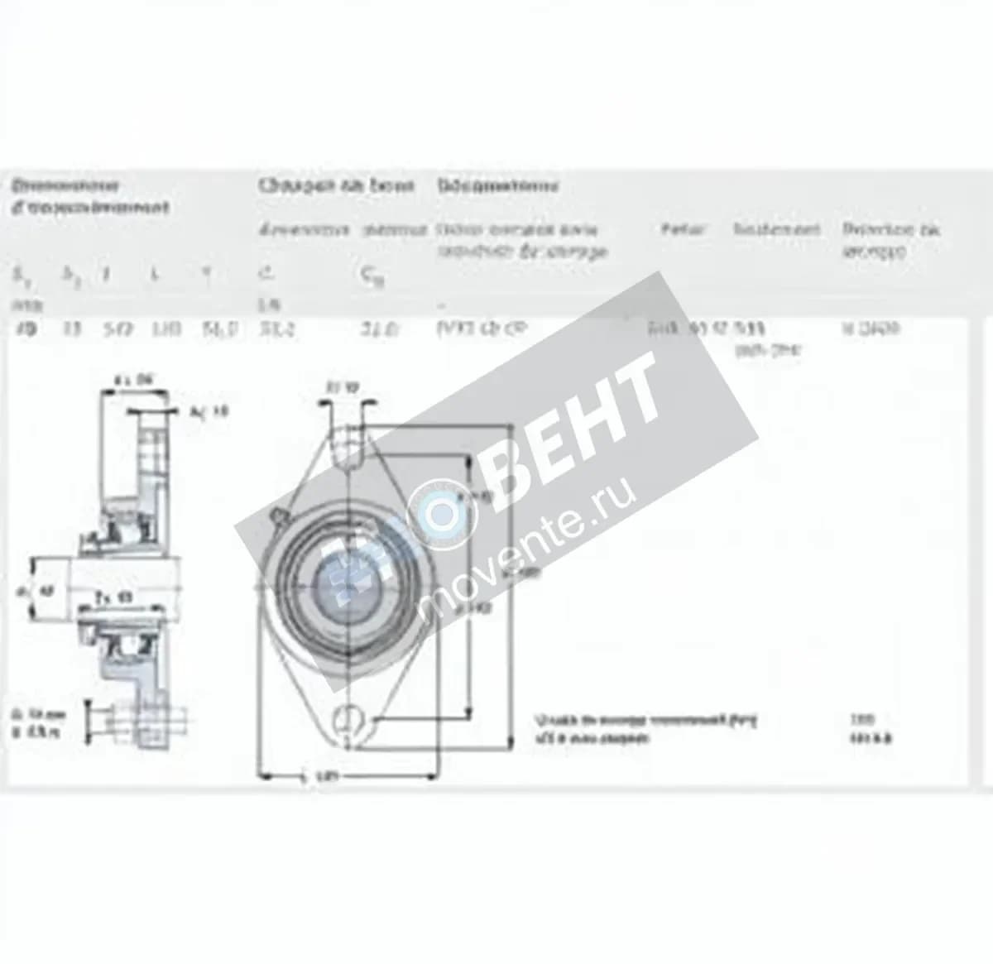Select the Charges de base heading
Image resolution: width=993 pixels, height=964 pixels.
(335, 185)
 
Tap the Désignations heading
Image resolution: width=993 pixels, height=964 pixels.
(497, 185)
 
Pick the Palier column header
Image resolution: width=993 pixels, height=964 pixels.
(683, 228)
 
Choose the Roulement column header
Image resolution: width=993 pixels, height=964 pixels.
(776, 228)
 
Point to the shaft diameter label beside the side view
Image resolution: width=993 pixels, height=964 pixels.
(36, 591)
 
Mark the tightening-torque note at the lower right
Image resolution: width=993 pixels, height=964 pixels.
(645, 727)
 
